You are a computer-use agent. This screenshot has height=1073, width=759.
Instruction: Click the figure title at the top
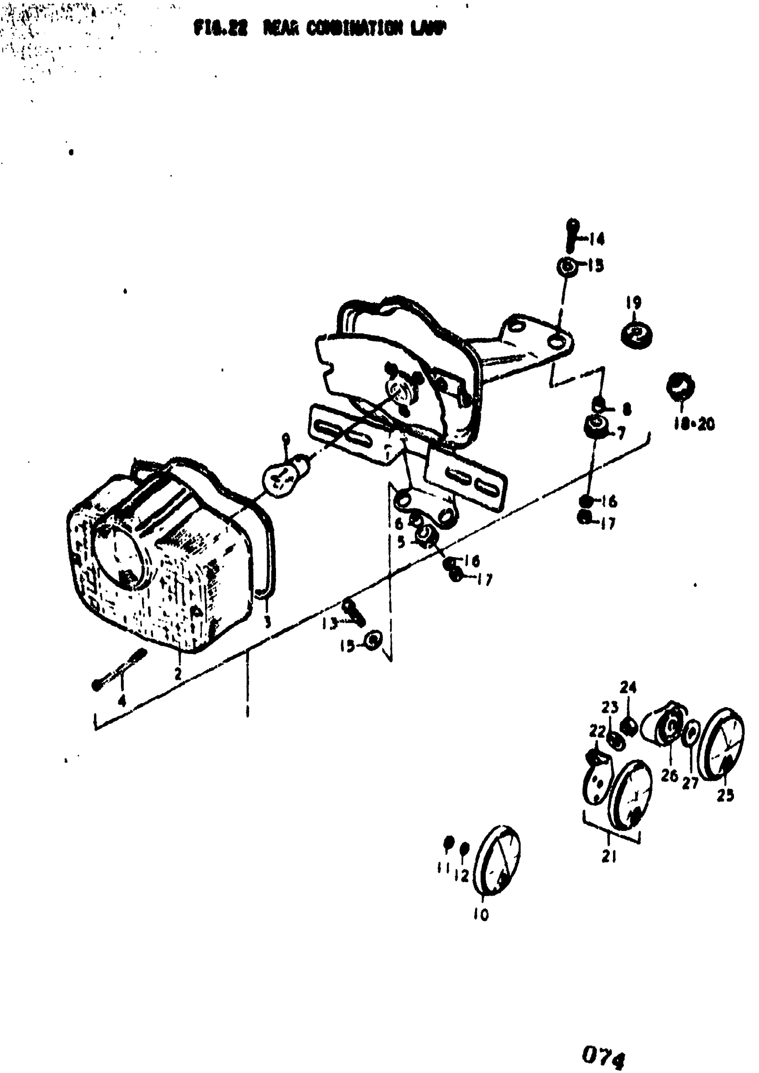coord(320,29)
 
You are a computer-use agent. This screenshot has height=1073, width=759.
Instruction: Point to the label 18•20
coord(693,424)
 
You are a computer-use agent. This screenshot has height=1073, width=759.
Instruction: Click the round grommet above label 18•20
coord(680,386)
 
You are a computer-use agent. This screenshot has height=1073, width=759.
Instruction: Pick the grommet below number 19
coord(637,335)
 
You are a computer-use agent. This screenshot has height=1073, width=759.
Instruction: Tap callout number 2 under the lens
coord(178,674)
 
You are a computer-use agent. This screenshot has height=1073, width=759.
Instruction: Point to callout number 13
coord(330,623)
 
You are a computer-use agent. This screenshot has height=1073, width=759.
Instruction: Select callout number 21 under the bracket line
coord(609,856)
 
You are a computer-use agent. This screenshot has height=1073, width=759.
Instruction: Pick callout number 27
coord(690,783)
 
